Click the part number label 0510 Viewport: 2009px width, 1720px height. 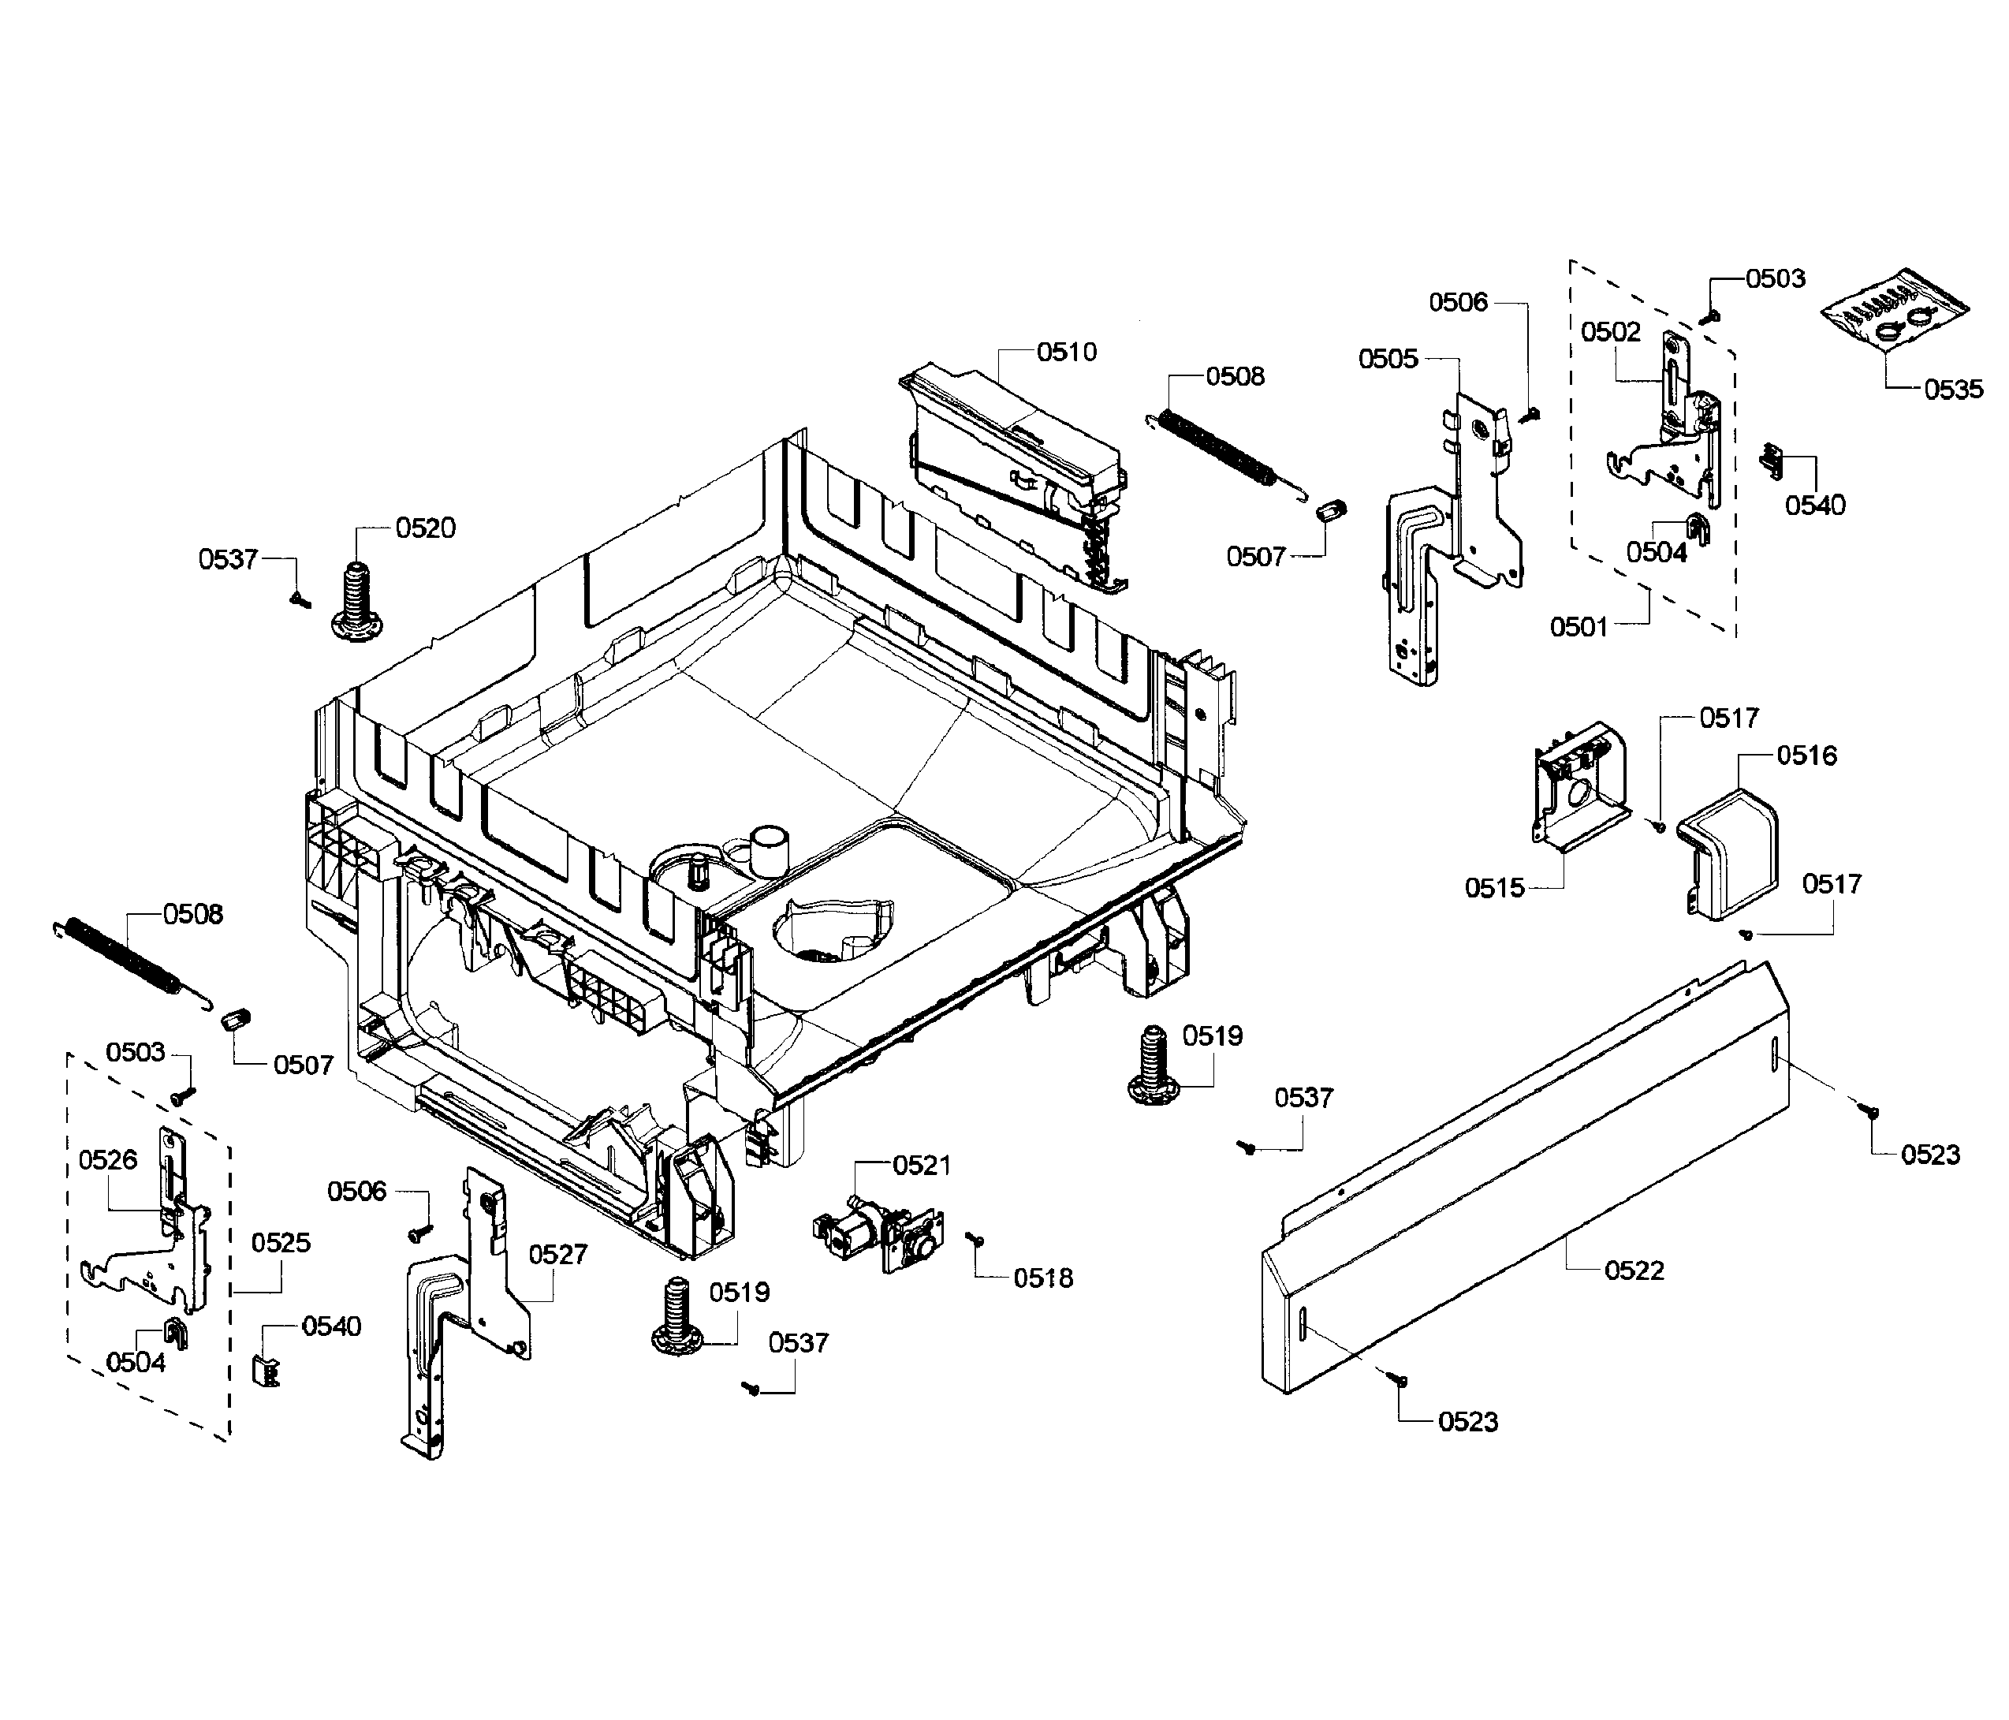coord(1067,351)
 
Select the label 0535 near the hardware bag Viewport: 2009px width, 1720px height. coord(1953,390)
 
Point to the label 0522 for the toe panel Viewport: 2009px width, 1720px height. coord(1634,1270)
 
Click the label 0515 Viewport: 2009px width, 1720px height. coord(1494,888)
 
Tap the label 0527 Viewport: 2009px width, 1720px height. coord(557,1255)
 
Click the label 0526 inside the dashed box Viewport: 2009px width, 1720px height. coord(107,1159)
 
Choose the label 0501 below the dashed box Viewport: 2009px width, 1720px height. coord(1578,626)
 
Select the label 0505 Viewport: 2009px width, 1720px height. coord(1388,359)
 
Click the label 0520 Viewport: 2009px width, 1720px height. coord(425,528)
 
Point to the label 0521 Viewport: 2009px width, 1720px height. coord(921,1166)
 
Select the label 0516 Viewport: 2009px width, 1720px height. coord(1806,756)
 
